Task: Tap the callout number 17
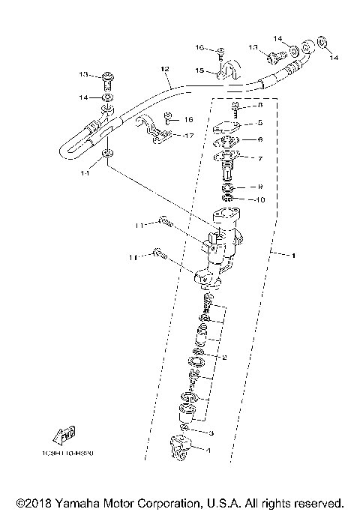[189, 136]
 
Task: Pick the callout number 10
[261, 199]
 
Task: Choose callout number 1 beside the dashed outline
[293, 256]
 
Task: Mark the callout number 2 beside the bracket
[223, 358]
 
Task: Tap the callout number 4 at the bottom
[208, 450]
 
